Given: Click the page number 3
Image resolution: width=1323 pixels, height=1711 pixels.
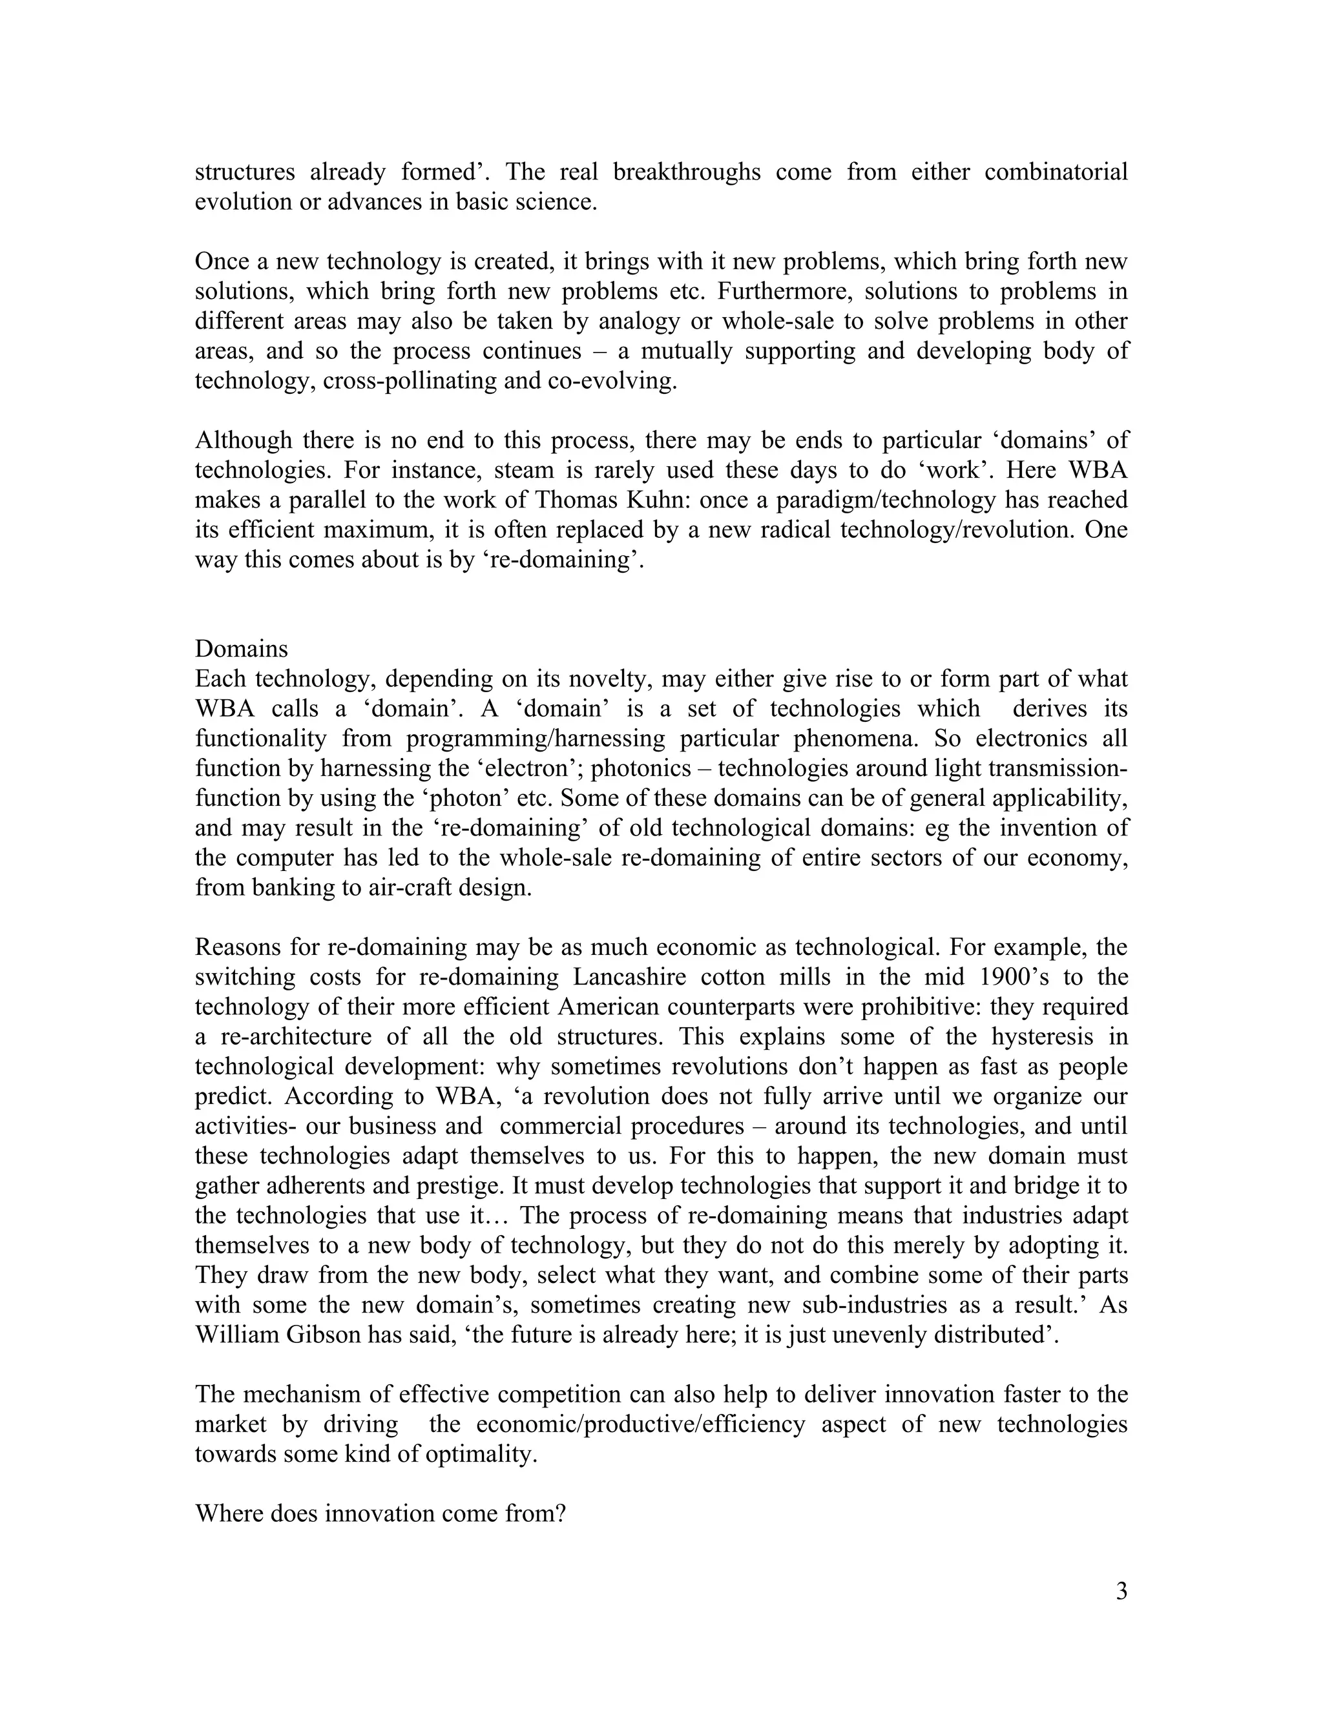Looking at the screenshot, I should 1121,1591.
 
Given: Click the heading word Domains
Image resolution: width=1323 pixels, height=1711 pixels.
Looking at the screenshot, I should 242,649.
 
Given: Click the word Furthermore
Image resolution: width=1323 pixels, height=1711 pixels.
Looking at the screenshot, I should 773,291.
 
